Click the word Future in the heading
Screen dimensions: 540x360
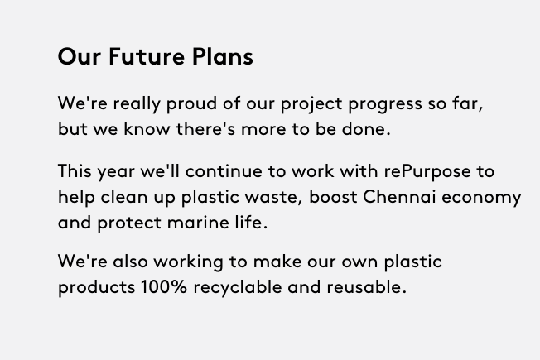[147, 56]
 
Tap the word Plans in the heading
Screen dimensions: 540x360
[223, 56]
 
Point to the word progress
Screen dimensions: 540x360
[385, 104]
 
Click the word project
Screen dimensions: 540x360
[311, 104]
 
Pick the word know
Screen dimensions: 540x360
[147, 129]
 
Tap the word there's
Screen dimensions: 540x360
[205, 129]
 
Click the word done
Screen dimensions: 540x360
[366, 129]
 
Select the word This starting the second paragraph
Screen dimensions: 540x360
[75, 171]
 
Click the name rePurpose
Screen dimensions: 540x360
[427, 172]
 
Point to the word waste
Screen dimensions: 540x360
[273, 197]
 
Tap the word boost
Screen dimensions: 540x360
[333, 197]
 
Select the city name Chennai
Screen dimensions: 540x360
[399, 197]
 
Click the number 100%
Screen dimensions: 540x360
[164, 286]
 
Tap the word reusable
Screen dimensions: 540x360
[366, 286]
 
